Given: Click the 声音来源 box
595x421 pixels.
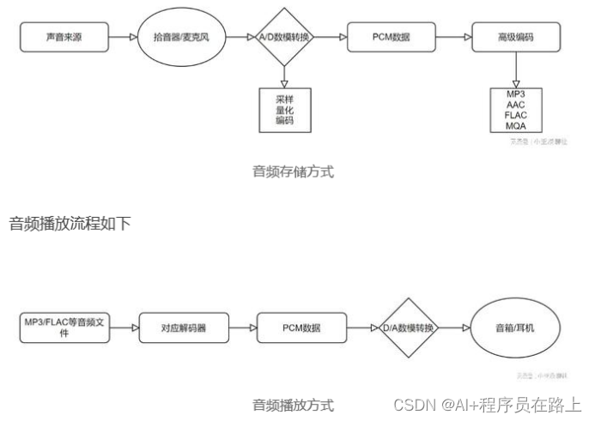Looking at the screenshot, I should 64,37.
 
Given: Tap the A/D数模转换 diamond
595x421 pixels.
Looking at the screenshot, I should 286,37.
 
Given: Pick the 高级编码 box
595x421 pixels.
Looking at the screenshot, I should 516,37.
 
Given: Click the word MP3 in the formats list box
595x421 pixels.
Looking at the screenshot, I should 516,93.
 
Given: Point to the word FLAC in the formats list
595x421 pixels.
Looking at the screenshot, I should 516,115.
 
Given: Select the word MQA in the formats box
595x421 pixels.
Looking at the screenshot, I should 516,126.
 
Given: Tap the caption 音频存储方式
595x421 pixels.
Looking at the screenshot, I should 293,171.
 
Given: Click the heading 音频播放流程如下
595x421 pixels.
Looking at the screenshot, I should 70,224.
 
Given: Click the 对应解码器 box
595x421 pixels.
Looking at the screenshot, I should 183,328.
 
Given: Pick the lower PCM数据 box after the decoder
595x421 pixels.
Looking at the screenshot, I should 301,328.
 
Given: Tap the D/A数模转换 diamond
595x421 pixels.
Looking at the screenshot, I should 409,328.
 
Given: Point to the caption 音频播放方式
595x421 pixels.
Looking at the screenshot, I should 293,405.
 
